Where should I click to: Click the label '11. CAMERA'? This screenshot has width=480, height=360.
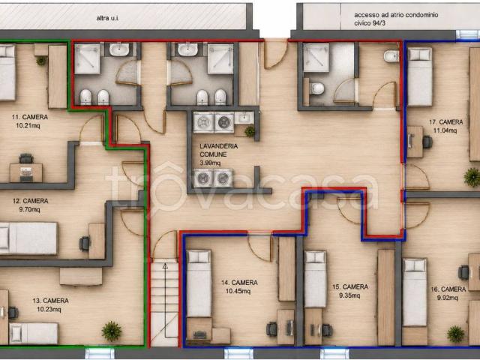coord(30,117)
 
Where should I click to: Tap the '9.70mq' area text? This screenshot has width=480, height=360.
coord(29,210)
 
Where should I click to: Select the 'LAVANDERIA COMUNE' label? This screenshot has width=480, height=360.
coord(218,150)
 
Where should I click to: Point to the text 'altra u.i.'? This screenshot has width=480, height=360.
coord(108,18)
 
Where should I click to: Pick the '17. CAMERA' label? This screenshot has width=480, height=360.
coord(445,122)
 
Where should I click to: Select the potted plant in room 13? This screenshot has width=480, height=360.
coord(112,331)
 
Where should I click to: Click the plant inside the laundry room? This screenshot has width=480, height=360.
coord(250,131)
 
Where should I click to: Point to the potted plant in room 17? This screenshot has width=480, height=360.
coord(472,177)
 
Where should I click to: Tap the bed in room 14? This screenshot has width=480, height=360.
coord(199,283)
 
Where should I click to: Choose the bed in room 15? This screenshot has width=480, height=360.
coord(315,279)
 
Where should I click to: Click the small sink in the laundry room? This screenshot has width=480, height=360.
coord(244,118)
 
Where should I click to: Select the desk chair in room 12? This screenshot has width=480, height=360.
coord(84,244)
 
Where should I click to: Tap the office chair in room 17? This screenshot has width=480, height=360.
coord(427,142)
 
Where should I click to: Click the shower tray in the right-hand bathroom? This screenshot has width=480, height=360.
coord(316,58)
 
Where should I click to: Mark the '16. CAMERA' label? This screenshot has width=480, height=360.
coord(448,289)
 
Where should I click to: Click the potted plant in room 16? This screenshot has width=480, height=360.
coord(456,334)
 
